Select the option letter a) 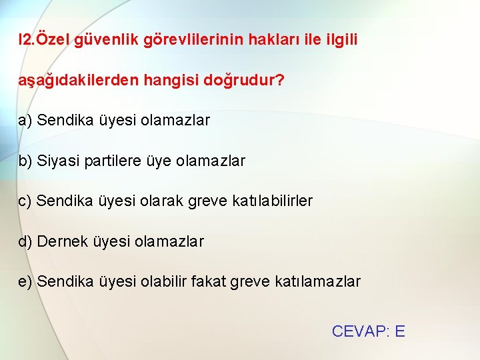tap(25, 121)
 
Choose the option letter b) tap(25, 161)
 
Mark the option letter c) tap(25, 201)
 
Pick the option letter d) tap(25, 241)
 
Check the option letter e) tap(25, 281)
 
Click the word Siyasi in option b tap(59, 161)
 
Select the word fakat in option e tap(209, 281)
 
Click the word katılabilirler tap(273, 201)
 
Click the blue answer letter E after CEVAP tap(399, 331)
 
